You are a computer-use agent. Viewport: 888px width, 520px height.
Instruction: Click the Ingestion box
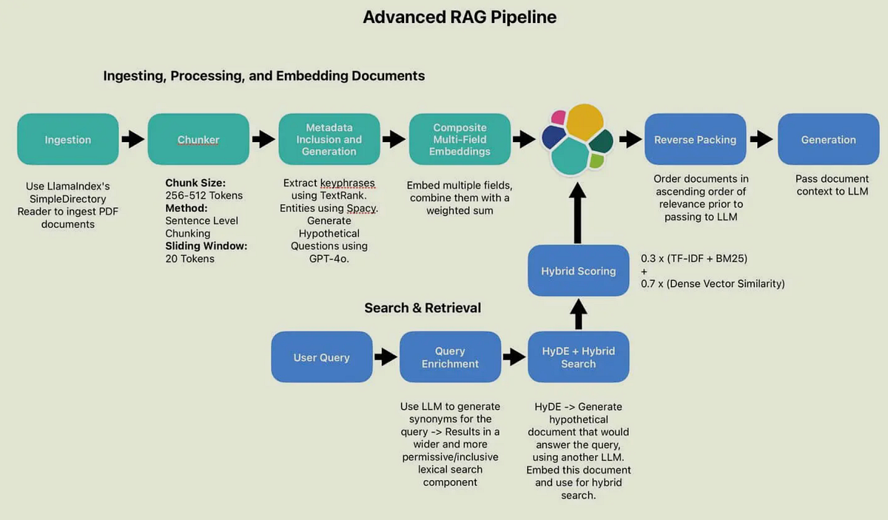click(x=67, y=139)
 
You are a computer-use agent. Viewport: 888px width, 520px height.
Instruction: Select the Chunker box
click(x=198, y=139)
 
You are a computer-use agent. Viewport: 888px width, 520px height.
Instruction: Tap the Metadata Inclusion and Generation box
click(x=329, y=139)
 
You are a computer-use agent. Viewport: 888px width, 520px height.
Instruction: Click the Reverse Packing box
click(x=695, y=139)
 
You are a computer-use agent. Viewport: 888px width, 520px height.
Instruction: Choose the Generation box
click(x=827, y=139)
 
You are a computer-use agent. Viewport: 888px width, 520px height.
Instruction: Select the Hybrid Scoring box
click(x=578, y=271)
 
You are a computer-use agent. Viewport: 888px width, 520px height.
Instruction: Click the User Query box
click(x=321, y=357)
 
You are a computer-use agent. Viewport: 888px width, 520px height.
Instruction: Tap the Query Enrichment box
click(x=450, y=357)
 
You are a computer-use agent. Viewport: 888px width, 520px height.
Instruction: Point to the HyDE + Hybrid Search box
click(x=578, y=357)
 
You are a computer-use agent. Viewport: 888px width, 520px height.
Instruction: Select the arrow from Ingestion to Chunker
click(x=133, y=139)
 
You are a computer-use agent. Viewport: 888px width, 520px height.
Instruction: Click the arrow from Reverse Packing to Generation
click(x=761, y=139)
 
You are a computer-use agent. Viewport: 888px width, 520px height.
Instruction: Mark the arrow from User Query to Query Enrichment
click(x=386, y=357)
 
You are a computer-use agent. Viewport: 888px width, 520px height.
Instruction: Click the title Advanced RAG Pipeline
click(x=460, y=17)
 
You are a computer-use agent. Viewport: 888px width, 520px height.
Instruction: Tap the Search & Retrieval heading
click(x=423, y=308)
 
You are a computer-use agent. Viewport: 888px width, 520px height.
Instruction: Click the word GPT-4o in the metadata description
click(x=329, y=257)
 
